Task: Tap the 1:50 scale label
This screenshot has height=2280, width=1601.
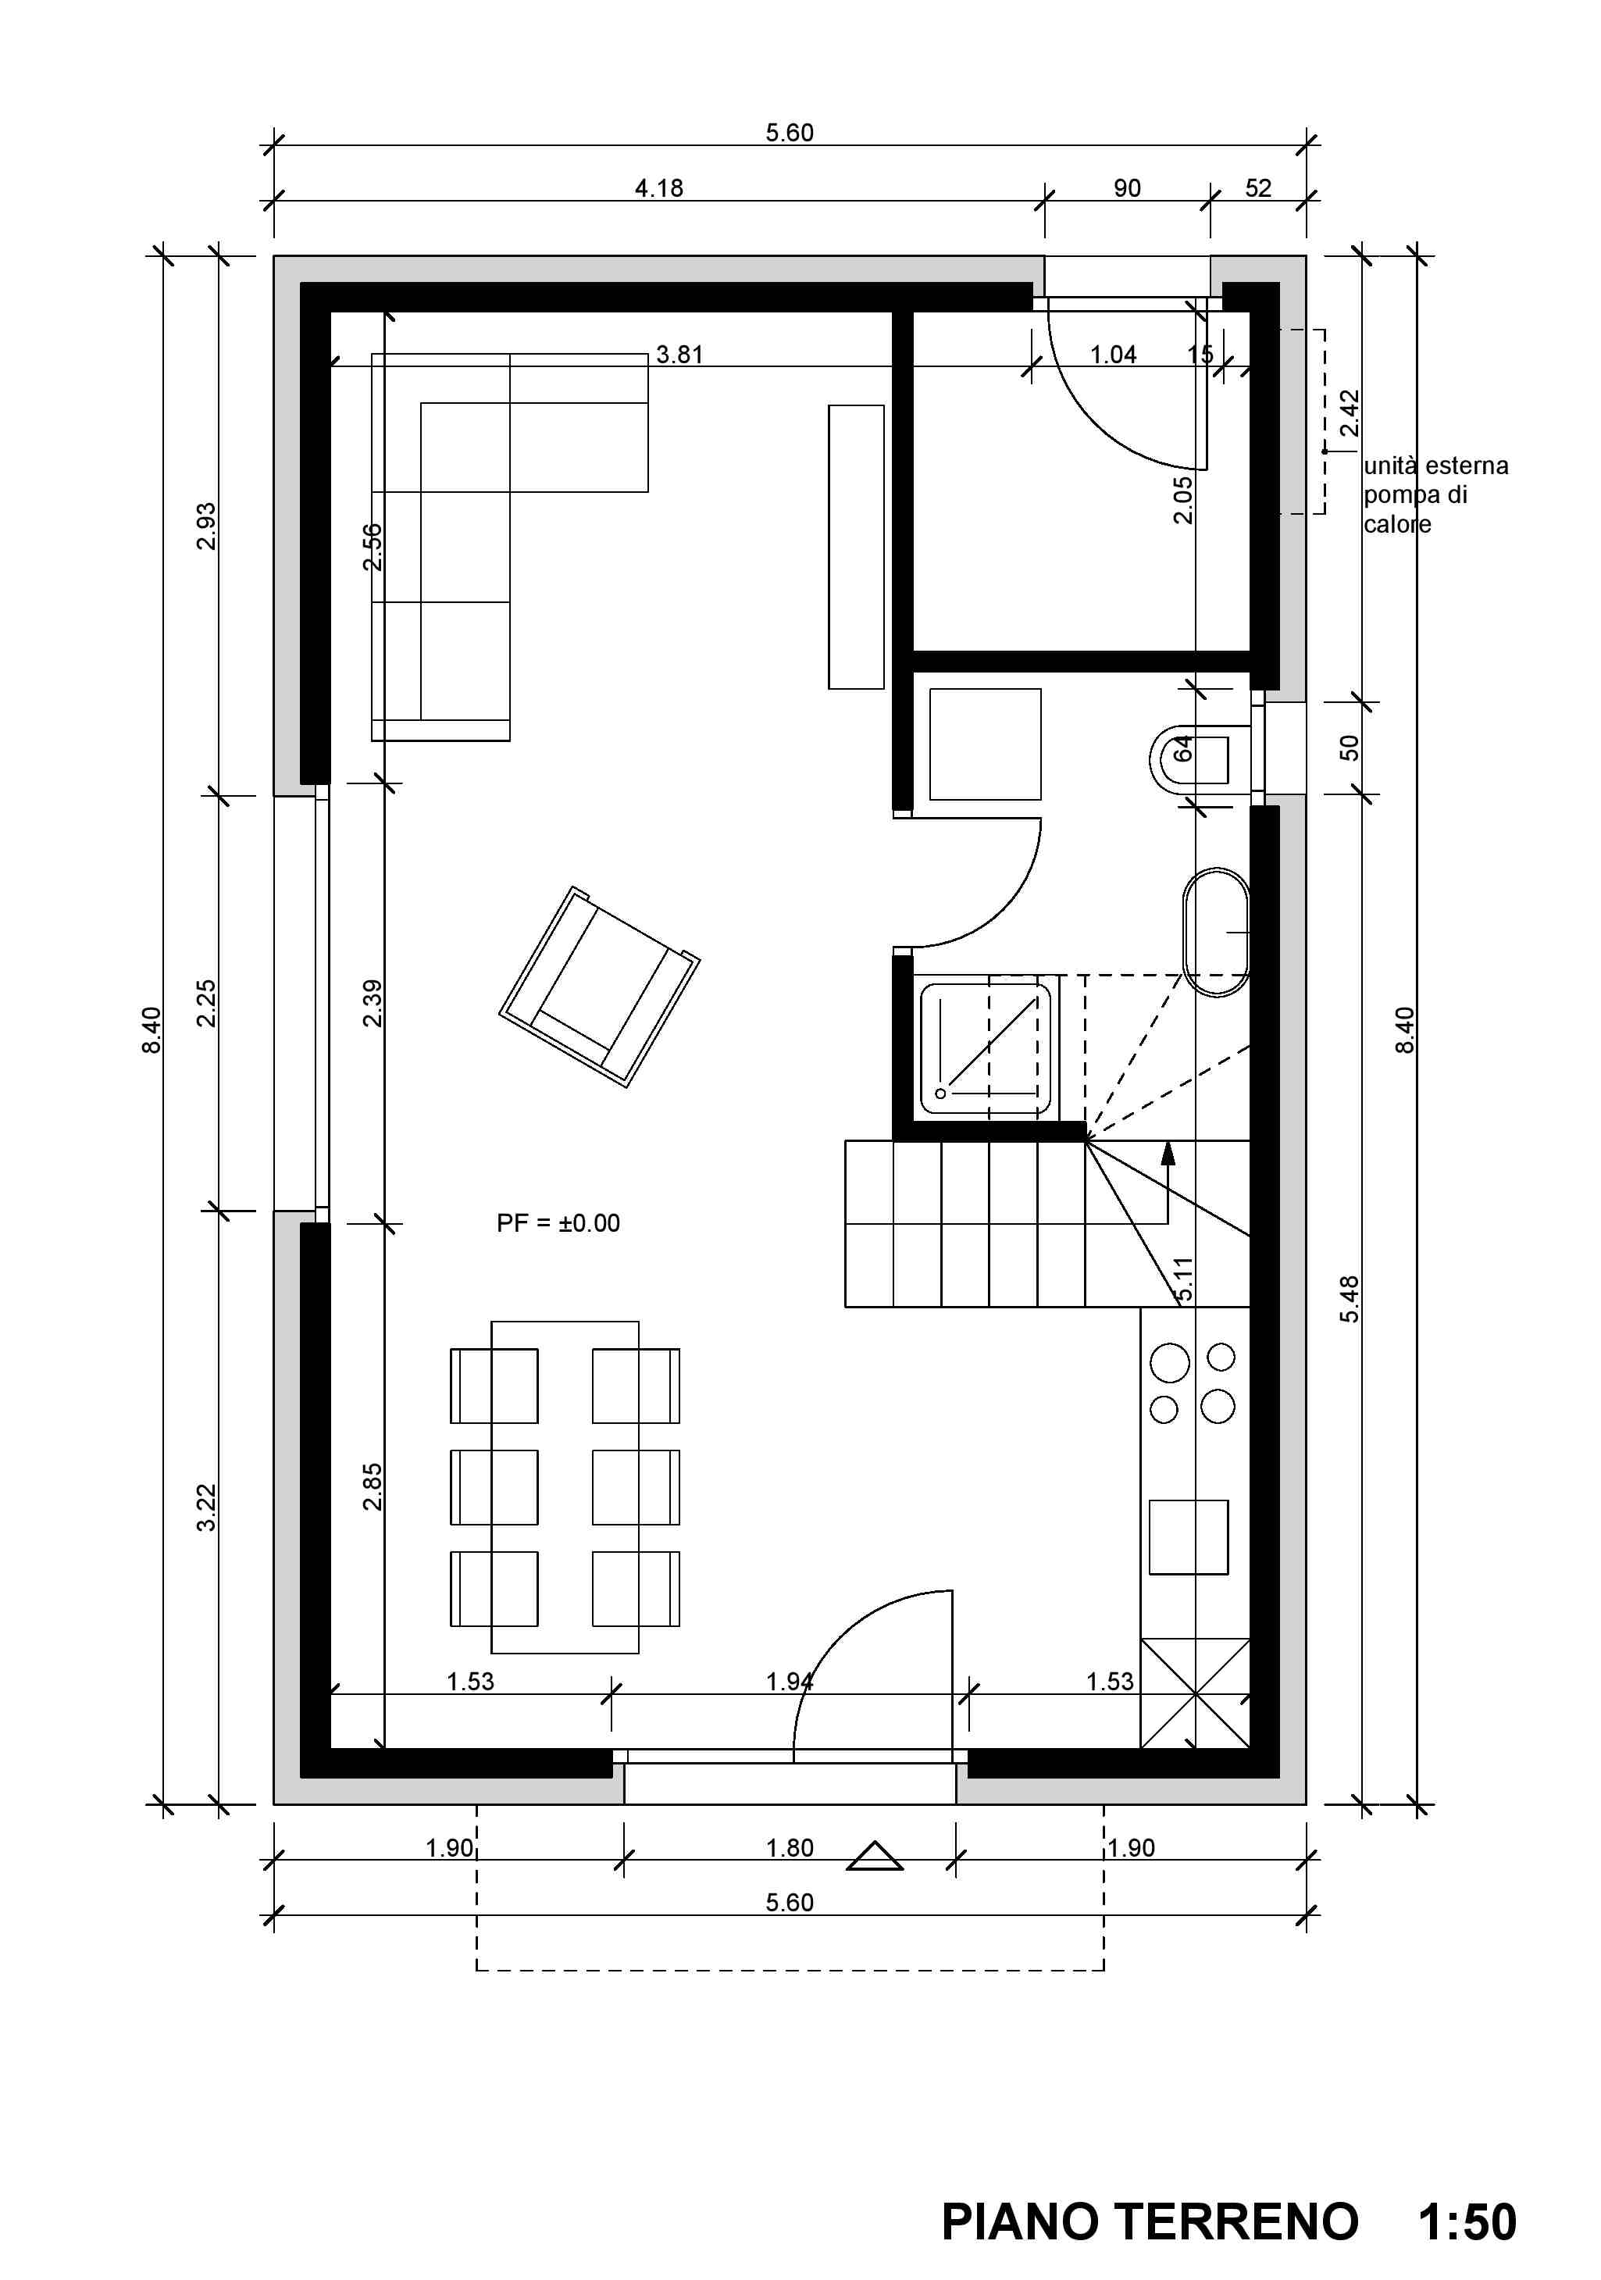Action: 1467,2221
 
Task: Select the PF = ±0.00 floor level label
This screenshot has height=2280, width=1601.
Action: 558,1222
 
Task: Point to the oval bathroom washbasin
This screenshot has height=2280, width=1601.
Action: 1216,933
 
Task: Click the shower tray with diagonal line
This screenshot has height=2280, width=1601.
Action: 986,1047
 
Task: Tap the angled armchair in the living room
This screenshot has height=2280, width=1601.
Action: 599,986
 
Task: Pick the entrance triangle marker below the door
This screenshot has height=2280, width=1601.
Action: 874,1856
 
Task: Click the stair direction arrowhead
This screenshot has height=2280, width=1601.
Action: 1168,1152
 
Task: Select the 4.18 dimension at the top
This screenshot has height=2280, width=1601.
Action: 659,187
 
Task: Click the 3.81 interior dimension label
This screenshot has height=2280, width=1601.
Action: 679,355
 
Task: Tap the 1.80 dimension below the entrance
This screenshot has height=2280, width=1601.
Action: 790,1848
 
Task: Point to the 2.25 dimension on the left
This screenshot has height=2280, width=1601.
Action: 205,1003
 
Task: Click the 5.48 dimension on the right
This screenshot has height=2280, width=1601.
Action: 1350,1299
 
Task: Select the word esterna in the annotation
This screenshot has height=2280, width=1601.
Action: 1467,466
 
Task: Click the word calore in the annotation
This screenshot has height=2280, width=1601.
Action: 1397,524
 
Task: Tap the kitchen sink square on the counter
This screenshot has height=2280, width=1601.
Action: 1189,1537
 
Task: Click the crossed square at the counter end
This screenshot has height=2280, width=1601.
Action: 1195,1693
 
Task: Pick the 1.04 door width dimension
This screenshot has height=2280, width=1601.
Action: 1114,355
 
